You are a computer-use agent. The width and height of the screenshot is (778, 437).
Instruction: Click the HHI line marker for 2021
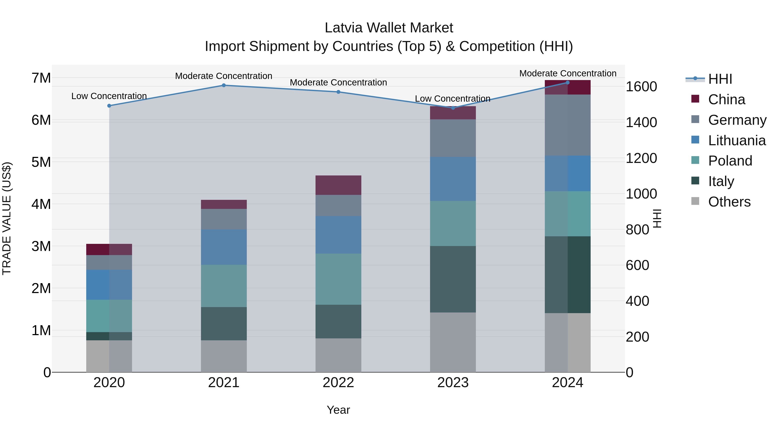(x=224, y=85)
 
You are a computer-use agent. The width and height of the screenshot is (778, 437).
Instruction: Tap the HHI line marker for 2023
(x=453, y=108)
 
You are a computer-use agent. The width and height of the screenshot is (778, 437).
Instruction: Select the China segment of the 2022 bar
(x=338, y=185)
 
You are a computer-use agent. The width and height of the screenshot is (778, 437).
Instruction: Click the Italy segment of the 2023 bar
(x=453, y=279)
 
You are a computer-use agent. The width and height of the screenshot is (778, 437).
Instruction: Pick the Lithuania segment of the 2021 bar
(x=224, y=247)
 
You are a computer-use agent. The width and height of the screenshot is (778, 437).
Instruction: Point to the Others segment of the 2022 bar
(x=338, y=355)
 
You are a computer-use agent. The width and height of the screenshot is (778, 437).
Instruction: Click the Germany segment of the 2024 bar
(x=568, y=125)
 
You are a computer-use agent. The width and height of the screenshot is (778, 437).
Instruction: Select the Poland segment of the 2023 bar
(x=453, y=224)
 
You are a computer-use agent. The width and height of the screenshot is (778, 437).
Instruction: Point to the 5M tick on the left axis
(x=41, y=162)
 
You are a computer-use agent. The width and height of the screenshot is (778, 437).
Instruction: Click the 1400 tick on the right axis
(x=641, y=122)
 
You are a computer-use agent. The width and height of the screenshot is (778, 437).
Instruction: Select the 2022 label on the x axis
(x=338, y=383)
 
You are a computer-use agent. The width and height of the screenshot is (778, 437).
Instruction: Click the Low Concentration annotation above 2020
(x=109, y=96)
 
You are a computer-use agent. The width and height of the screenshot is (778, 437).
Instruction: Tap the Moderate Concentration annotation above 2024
(x=568, y=73)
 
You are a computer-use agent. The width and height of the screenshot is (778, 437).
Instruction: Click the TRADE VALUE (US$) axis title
(x=7, y=218)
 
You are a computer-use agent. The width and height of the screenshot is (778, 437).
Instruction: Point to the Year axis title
(x=338, y=410)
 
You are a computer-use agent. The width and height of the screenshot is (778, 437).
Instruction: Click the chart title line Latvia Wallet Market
(x=389, y=28)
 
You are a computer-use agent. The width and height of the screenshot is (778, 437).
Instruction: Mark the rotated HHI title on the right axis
(x=657, y=218)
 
